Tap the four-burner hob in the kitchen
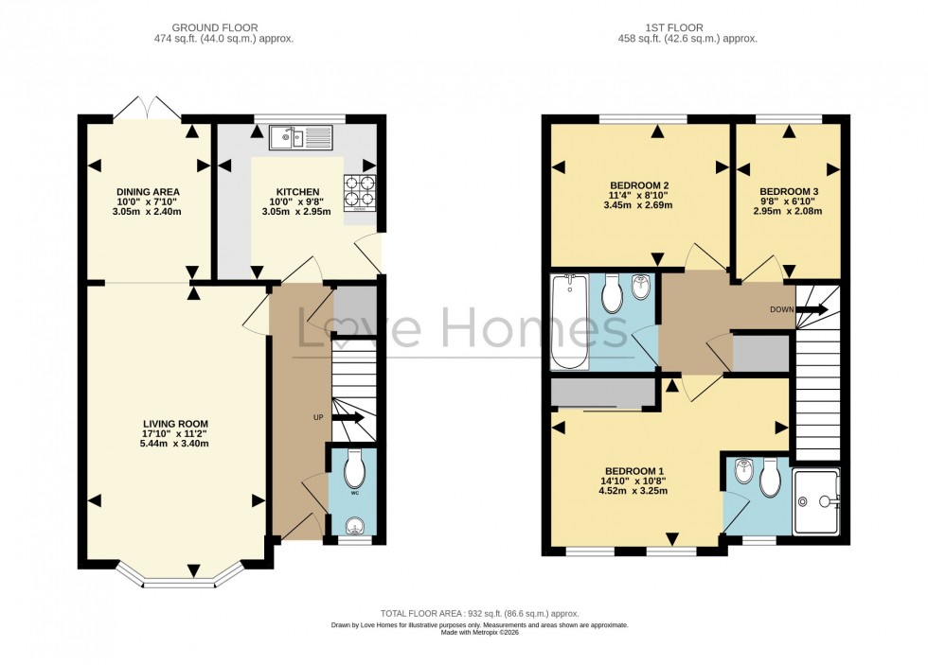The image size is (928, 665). [x=360, y=191]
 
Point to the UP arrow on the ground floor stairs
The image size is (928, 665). [x=347, y=417]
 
